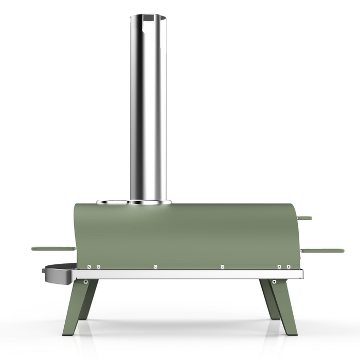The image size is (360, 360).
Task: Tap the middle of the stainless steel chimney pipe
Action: (x=148, y=108)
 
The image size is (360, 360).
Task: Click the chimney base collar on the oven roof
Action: (x=150, y=202)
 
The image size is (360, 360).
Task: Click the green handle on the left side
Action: (x=53, y=248)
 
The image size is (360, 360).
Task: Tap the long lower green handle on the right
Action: (x=322, y=250)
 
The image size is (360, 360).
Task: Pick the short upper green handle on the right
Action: (x=304, y=218)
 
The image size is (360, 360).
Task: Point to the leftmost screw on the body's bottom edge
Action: (x=89, y=266)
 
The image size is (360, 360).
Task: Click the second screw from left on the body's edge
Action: (x=98, y=266)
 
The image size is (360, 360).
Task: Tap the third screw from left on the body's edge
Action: (x=155, y=266)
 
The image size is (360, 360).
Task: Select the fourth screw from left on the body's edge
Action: (x=222, y=266)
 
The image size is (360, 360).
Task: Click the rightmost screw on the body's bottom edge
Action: (x=289, y=266)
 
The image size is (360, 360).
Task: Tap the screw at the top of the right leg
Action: (x=274, y=281)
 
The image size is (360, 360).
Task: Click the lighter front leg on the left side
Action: (x=74, y=309)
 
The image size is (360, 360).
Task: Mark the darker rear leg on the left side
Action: (x=89, y=298)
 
